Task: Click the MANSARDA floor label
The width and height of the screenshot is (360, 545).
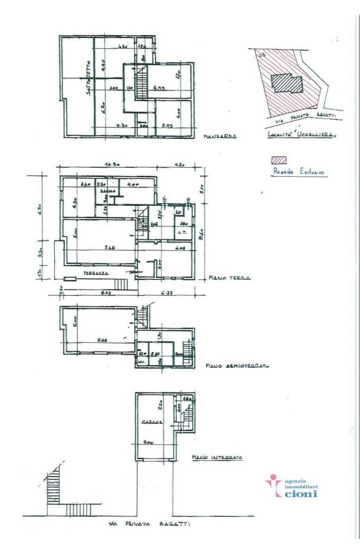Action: [x=219, y=136]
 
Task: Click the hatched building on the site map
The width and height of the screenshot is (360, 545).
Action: [x=286, y=83]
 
